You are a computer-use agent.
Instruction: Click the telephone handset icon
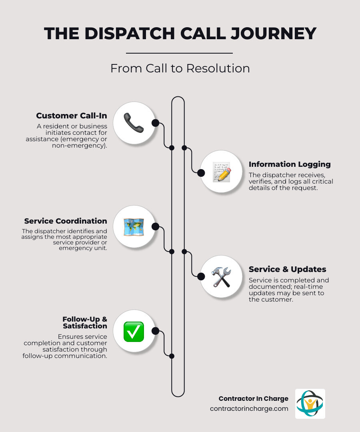point(134,123)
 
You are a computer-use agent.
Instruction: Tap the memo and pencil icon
point(221,172)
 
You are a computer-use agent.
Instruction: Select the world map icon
point(134,227)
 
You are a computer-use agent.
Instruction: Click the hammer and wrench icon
point(221,277)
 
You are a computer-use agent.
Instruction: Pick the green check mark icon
point(134,331)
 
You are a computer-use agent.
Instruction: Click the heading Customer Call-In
point(72,116)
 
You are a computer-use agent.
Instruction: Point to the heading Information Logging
point(290,164)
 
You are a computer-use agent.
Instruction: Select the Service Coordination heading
point(66,221)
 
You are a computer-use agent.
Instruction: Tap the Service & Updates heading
point(287,269)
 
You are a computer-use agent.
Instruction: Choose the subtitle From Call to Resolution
point(180,68)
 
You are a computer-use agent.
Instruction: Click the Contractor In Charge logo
point(310,404)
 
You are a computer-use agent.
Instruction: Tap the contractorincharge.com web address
point(249,409)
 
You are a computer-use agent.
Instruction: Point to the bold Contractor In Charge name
point(253,398)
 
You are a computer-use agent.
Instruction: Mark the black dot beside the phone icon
point(155,123)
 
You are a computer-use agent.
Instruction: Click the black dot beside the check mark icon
point(155,331)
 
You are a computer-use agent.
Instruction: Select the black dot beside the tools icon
point(201,276)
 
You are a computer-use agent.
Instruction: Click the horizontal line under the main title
point(179,53)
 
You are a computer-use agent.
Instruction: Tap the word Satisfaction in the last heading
point(85,326)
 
